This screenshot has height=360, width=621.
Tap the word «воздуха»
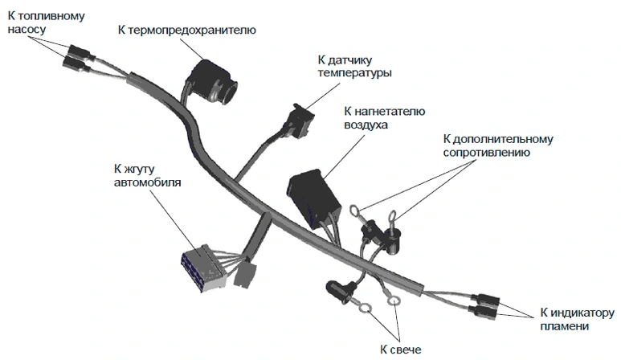[x=366, y=125]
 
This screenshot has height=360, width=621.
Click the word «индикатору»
[x=580, y=313]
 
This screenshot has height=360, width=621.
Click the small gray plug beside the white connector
[x=243, y=275]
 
